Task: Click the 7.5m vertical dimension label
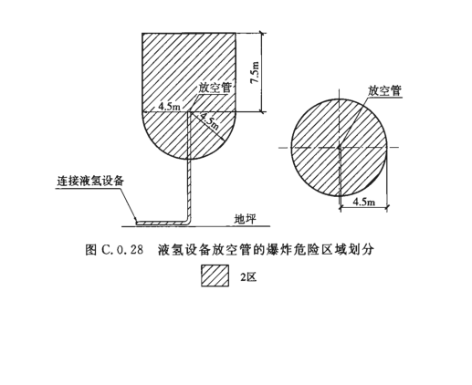pyautogui.click(x=255, y=73)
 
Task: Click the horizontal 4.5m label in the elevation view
pyautogui.click(x=169, y=107)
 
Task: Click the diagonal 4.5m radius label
pyautogui.click(x=209, y=121)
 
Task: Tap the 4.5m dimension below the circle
pyautogui.click(x=364, y=202)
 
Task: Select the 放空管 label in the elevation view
pyautogui.click(x=215, y=88)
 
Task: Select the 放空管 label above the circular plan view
pyautogui.click(x=384, y=90)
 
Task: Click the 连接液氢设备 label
pyautogui.click(x=90, y=181)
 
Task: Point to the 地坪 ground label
pyautogui.click(x=245, y=219)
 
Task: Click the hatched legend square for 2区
pyautogui.click(x=215, y=276)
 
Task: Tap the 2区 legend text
pyautogui.click(x=248, y=276)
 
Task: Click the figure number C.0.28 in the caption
pyautogui.click(x=122, y=250)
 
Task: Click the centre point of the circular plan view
pyautogui.click(x=340, y=148)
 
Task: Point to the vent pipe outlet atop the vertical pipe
pyautogui.click(x=189, y=112)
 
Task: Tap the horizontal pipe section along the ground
pyautogui.click(x=162, y=223)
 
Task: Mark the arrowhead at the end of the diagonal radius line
pyautogui.click(x=222, y=139)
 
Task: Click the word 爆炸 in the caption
pyautogui.click(x=277, y=250)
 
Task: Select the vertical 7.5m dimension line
pyautogui.click(x=262, y=73)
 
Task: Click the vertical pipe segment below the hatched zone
pyautogui.click(x=189, y=189)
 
